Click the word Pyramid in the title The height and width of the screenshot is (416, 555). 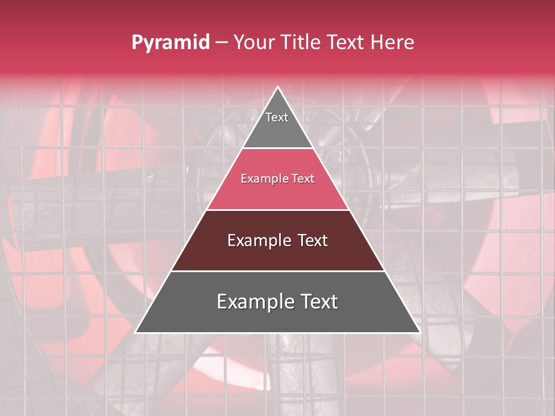click(x=170, y=43)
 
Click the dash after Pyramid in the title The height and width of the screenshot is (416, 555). click(x=221, y=43)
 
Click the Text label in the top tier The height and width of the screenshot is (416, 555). click(x=277, y=117)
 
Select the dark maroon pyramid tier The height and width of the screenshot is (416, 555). click(x=277, y=254)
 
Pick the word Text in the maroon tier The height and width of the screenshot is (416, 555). click(x=312, y=240)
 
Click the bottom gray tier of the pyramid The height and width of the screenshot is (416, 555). click(x=277, y=318)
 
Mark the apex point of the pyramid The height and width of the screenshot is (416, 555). click(x=277, y=88)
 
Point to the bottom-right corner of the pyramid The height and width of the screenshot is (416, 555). click(x=419, y=332)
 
